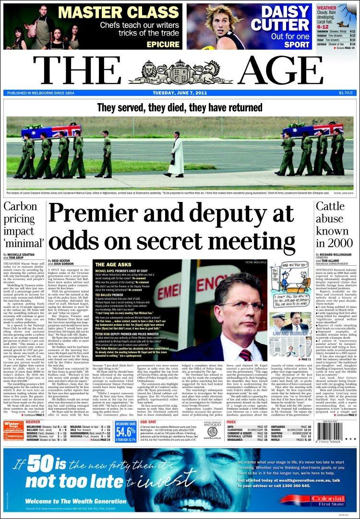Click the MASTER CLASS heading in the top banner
(x=121, y=12)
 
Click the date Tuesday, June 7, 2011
(x=180, y=93)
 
